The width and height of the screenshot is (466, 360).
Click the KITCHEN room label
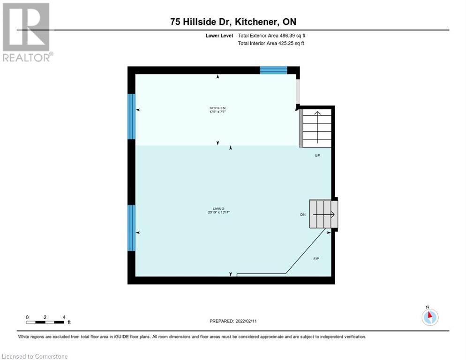217,108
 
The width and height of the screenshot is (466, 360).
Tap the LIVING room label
218,209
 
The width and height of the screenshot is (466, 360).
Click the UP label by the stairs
317,155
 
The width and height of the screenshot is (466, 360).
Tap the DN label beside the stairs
303,215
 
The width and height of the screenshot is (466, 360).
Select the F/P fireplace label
316,259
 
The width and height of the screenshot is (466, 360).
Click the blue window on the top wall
273,70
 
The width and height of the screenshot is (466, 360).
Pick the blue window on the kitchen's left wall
132,116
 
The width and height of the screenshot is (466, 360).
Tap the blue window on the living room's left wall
132,227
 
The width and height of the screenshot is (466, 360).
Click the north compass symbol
429,316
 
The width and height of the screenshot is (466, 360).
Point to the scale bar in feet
45,322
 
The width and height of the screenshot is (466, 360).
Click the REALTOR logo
26,32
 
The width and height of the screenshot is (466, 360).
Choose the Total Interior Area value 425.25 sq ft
288,44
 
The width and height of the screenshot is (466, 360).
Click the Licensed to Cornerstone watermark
35,357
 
